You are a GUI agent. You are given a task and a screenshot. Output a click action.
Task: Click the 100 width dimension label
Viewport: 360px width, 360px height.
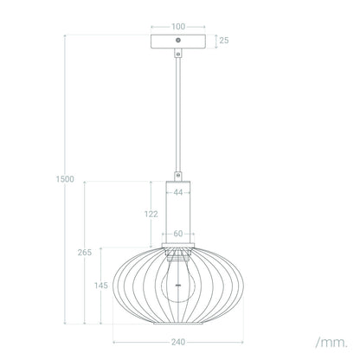178,27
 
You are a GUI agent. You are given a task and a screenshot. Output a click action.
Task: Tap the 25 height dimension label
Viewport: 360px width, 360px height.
224,41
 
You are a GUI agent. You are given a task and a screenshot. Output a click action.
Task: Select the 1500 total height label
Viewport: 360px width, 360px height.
65,179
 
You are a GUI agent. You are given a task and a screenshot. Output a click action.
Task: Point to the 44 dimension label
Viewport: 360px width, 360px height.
178,192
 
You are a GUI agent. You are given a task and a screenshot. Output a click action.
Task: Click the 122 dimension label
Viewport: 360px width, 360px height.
151,214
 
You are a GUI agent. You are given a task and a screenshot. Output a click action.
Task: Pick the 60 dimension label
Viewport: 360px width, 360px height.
178,234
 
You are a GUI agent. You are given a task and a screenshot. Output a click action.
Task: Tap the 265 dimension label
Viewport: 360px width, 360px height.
85,253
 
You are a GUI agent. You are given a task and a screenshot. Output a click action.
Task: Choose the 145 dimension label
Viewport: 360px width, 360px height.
101,286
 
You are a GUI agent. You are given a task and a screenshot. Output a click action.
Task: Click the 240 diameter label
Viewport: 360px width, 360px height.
178,343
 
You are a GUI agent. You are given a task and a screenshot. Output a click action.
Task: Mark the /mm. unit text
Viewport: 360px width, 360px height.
331,343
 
